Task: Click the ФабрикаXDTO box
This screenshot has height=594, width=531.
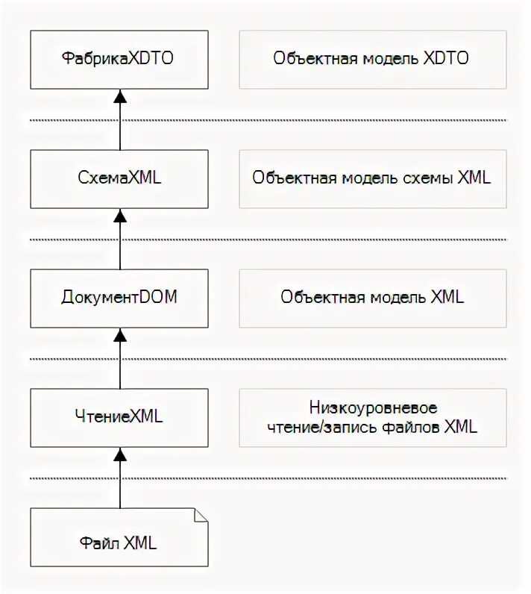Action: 119,59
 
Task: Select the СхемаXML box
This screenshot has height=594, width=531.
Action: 119,178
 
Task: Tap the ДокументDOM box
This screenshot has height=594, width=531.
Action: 119,298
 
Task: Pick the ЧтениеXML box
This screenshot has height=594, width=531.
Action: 119,417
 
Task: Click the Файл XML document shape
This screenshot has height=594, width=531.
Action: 119,537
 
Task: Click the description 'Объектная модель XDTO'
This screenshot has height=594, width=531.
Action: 371,59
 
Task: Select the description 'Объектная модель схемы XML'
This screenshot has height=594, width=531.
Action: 371,178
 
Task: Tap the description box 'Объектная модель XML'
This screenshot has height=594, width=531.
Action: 371,298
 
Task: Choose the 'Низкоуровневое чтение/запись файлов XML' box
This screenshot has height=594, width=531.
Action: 371,417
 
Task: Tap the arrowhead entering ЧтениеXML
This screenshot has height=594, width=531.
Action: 120,454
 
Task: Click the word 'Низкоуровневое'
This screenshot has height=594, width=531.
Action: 372,408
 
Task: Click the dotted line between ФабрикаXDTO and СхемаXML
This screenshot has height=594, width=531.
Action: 268,119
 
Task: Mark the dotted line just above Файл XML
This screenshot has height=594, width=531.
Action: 268,478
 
